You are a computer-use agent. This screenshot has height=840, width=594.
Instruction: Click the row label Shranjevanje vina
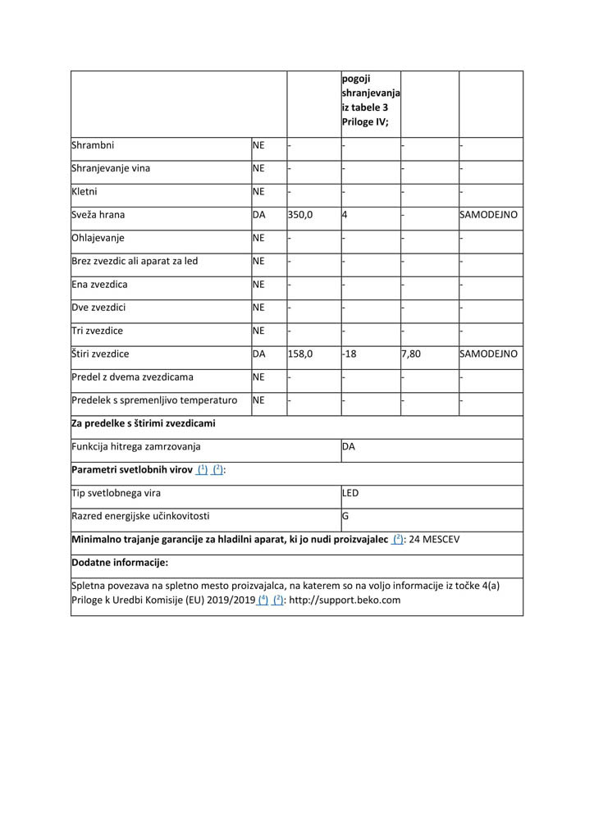(x=111, y=168)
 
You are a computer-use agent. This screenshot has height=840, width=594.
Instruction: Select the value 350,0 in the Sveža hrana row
(x=300, y=215)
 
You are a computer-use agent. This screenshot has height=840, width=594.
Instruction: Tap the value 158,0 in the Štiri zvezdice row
(x=300, y=354)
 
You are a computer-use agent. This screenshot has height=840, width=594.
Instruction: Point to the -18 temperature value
(x=350, y=354)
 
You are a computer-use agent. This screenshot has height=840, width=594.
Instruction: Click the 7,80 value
(x=411, y=354)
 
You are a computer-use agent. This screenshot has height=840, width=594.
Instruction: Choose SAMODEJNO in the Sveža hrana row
(x=489, y=215)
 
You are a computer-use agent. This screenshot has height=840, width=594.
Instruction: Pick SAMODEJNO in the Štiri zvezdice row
(x=489, y=354)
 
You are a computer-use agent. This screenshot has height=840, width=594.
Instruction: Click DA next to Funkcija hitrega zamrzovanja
(x=349, y=447)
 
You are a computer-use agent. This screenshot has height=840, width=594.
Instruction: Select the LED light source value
(x=350, y=493)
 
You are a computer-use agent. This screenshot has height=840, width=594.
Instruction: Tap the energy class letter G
(x=345, y=517)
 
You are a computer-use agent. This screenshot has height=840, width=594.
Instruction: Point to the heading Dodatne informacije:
(x=120, y=563)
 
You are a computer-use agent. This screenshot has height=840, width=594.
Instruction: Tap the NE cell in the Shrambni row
(x=258, y=145)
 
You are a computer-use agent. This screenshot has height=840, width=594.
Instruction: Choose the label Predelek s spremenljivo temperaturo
(x=154, y=400)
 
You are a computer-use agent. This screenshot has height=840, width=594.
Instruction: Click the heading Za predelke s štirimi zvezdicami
(x=144, y=423)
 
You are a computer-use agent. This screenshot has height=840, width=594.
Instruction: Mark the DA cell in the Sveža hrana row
(x=258, y=215)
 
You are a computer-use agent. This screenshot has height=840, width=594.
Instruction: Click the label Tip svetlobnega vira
(x=117, y=493)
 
